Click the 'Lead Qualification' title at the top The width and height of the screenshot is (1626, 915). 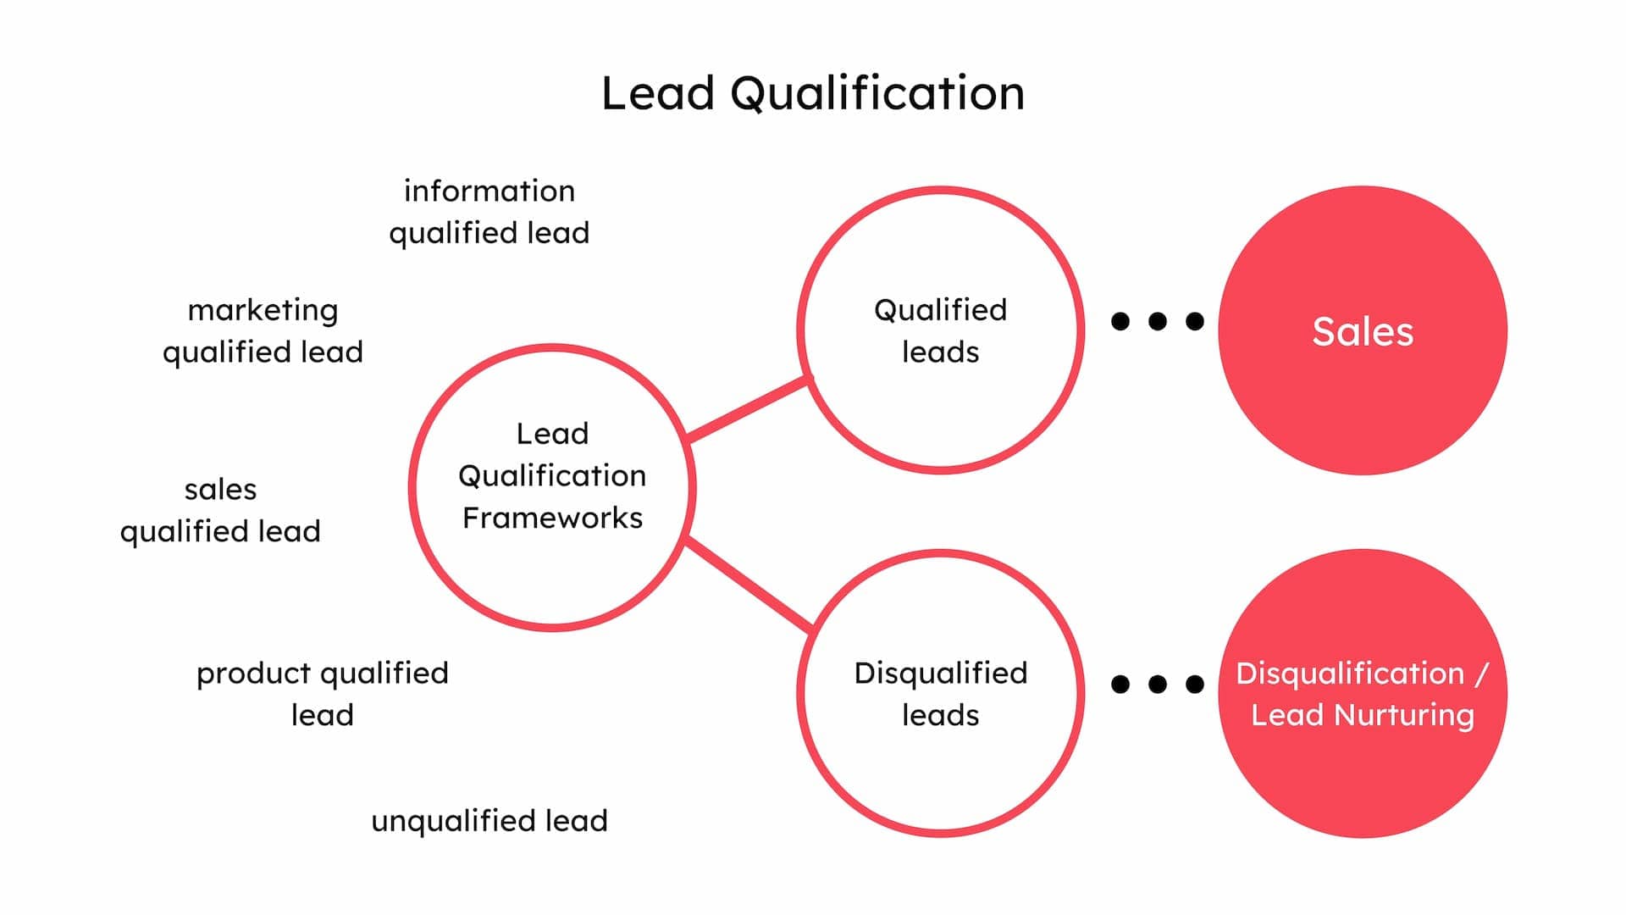click(x=813, y=92)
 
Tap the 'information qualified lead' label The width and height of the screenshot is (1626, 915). click(x=489, y=212)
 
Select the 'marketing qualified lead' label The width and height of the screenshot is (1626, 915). click(x=263, y=330)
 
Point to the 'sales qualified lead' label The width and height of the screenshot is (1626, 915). click(x=220, y=510)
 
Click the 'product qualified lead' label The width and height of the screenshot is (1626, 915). click(x=322, y=693)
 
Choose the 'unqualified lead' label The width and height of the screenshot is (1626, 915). click(x=489, y=820)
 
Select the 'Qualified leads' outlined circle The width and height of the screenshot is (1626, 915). click(x=940, y=407)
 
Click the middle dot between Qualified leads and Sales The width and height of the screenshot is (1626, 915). click(x=1158, y=321)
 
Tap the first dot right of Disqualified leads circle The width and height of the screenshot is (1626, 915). click(x=1120, y=684)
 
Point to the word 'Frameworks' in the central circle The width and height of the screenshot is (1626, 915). click(x=552, y=518)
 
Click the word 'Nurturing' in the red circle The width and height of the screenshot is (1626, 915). click(x=1404, y=715)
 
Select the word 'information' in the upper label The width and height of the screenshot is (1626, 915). click(x=489, y=191)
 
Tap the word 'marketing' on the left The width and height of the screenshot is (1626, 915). click(x=263, y=310)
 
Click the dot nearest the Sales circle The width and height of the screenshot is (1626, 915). click(x=1195, y=321)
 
